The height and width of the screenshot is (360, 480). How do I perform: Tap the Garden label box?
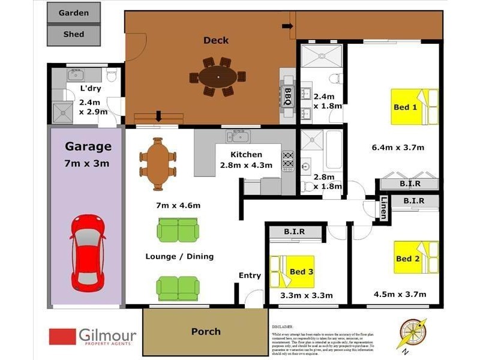tap(74, 13)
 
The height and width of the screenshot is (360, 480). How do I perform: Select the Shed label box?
tap(74, 35)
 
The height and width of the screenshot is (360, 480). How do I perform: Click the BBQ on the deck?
tap(287, 95)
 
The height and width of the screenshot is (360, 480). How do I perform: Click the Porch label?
tap(206, 331)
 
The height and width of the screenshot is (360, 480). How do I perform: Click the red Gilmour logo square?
tap(62, 337)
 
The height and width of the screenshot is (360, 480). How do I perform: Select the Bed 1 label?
tap(405, 107)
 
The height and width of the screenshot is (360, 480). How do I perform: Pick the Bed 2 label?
tap(407, 259)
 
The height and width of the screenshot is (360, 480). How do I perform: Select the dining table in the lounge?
tap(158, 164)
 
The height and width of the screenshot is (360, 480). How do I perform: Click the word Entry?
tap(250, 275)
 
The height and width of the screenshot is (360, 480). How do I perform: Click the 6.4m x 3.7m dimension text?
tap(398, 148)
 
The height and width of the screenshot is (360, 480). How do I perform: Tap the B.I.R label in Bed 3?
tap(294, 231)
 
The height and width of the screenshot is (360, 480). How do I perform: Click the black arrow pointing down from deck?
tap(158, 116)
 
